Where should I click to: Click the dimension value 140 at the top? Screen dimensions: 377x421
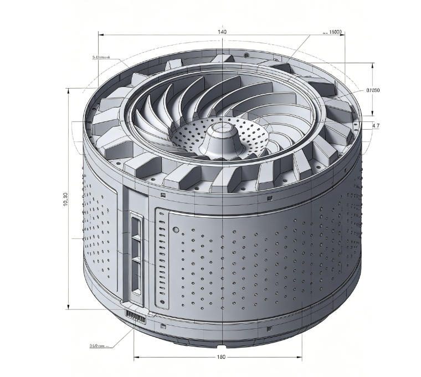point(222,32)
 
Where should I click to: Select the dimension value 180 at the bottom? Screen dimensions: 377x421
point(221,357)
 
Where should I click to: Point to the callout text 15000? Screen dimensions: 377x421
point(335,32)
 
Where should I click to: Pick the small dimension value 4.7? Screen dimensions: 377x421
point(376,126)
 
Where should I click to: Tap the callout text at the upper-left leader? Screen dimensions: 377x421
point(101,57)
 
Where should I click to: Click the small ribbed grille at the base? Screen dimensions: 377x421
point(136,316)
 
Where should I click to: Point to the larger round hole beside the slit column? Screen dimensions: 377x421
point(175,229)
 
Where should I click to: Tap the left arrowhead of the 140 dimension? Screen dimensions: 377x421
point(101,34)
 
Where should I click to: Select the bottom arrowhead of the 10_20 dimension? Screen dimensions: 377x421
point(67,308)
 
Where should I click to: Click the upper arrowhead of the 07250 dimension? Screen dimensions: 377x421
point(372,64)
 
